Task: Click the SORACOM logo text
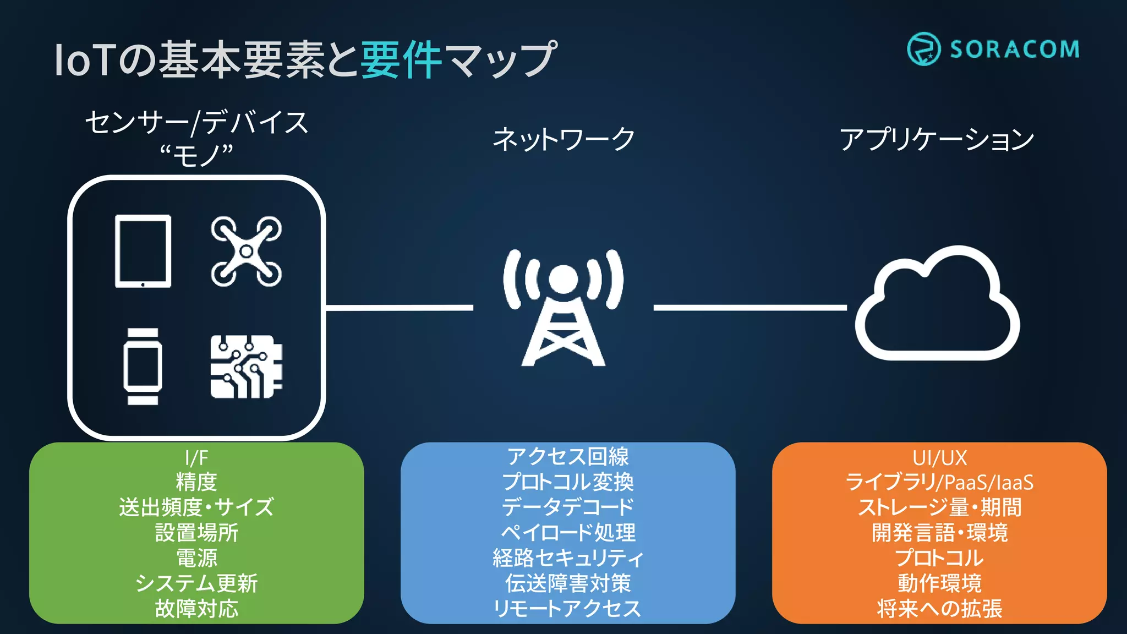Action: click(1014, 50)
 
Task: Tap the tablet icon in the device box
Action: click(143, 251)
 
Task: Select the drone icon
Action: click(246, 252)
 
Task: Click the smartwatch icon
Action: click(143, 367)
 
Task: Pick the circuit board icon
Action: click(246, 367)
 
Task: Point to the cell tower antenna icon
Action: click(563, 308)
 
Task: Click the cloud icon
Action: click(937, 305)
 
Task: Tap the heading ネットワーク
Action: click(563, 139)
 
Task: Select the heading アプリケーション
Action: click(937, 139)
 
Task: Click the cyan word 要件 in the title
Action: click(402, 59)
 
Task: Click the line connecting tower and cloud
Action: click(749, 308)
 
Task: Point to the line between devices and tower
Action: click(400, 308)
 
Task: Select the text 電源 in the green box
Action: click(196, 558)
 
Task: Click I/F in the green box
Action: click(196, 458)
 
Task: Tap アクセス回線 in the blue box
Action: click(567, 457)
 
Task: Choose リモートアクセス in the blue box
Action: click(567, 609)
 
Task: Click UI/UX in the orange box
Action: click(939, 458)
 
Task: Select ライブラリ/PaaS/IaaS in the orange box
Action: click(939, 483)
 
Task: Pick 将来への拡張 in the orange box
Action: click(939, 609)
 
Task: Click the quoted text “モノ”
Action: click(196, 156)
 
